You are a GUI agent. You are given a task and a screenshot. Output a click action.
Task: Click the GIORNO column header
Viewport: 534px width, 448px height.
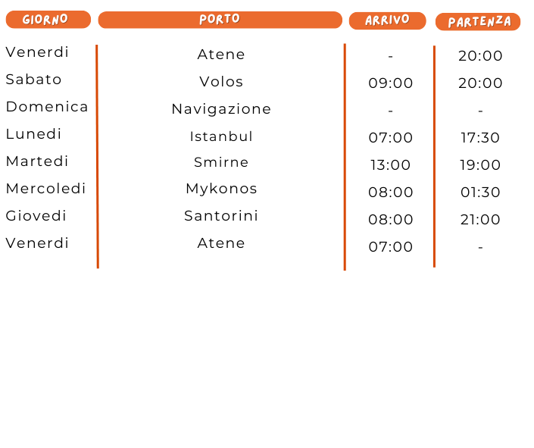tap(48, 20)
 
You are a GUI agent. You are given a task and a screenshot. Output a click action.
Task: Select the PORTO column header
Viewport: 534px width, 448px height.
tap(220, 20)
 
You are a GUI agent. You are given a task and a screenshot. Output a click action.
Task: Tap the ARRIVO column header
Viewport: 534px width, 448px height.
tap(387, 20)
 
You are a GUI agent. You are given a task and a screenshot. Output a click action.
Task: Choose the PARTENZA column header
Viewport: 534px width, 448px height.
tap(478, 22)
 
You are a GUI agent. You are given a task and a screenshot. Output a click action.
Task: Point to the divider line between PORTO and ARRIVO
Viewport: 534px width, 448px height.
tap(345, 152)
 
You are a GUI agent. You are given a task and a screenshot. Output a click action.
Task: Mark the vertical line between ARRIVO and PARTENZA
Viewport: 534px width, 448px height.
tap(434, 152)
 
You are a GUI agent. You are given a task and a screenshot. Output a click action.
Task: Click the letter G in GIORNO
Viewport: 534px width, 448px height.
tap(27, 20)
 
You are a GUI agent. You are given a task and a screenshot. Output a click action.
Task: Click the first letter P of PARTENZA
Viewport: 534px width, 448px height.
tap(452, 23)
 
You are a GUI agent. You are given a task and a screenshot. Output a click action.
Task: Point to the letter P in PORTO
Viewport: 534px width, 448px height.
tap(203, 20)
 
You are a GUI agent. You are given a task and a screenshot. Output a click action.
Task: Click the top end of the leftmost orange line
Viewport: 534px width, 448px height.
tap(97, 46)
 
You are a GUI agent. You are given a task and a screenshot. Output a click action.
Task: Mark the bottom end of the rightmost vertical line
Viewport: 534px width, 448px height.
tap(434, 266)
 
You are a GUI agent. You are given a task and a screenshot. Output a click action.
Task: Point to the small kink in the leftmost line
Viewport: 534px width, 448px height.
tap(97, 164)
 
